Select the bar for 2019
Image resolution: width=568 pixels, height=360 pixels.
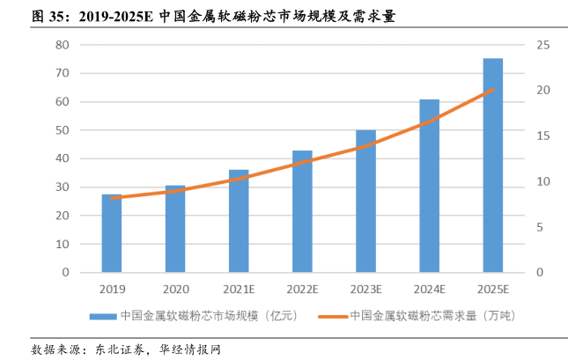(112, 233)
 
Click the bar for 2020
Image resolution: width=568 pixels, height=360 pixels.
(175, 229)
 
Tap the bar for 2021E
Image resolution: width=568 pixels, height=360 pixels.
(239, 221)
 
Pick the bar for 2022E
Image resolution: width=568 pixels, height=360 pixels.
(302, 211)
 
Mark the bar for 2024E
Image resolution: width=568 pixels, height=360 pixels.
(429, 186)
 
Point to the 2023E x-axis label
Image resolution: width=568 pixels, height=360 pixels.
(365, 289)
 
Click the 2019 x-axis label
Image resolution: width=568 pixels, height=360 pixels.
(112, 289)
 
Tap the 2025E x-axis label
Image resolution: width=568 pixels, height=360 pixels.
(493, 289)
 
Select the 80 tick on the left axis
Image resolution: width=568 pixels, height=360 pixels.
(62, 45)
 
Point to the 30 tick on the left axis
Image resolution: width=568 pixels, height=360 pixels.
(62, 187)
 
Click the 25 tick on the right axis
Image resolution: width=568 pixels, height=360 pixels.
(542, 45)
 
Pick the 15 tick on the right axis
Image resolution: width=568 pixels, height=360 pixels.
(542, 136)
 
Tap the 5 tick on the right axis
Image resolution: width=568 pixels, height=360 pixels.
(542, 227)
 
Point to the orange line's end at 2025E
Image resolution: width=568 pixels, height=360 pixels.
(493, 90)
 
